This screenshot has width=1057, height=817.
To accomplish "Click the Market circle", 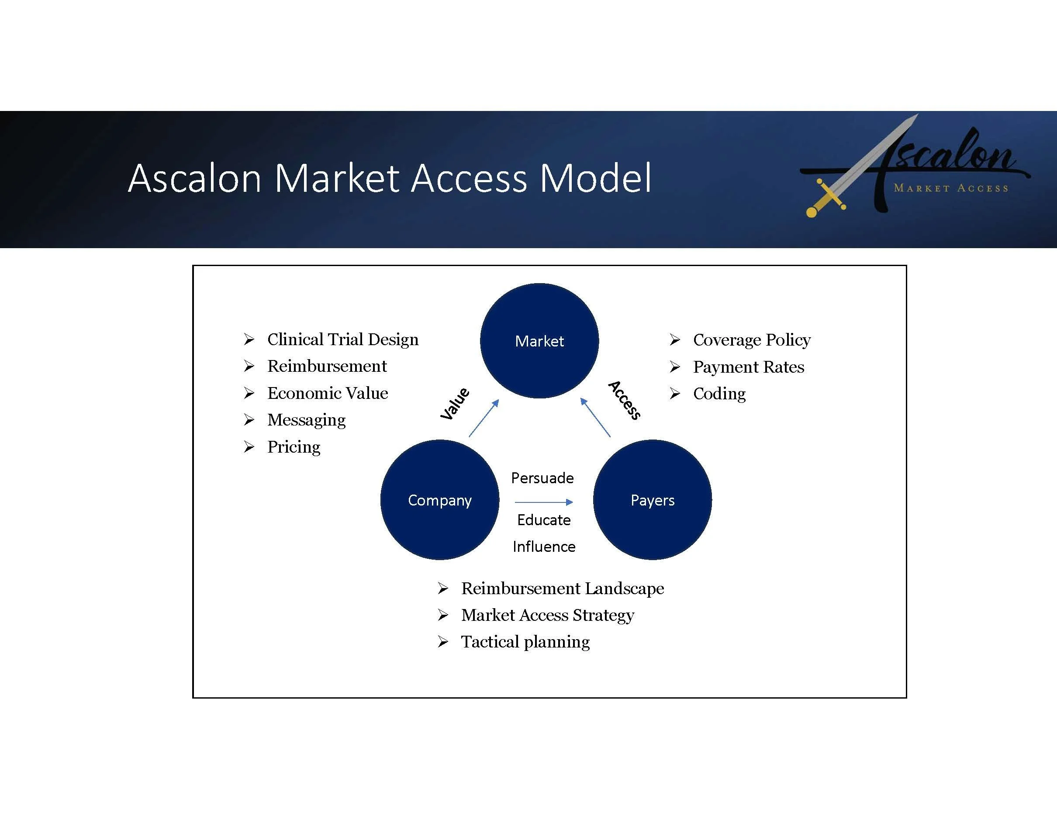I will [539, 341].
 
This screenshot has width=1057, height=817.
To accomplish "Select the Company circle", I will [439, 499].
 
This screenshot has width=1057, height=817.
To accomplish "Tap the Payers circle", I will [653, 499].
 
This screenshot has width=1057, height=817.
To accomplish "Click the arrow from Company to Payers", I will [543, 502].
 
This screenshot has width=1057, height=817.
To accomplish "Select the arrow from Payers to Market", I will [595, 417].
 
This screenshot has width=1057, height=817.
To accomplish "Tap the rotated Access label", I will [624, 400].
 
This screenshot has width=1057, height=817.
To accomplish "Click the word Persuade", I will [542, 478].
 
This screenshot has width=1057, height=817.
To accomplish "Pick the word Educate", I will [543, 520].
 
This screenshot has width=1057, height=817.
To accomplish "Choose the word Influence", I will [544, 547].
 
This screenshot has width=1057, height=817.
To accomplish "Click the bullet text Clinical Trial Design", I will [343, 339].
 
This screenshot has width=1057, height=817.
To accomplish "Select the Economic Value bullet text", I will [328, 393].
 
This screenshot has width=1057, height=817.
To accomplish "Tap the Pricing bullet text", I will [294, 447].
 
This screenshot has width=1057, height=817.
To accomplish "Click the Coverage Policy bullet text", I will [752, 340].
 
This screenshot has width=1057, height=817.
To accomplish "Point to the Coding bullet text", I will [719, 394].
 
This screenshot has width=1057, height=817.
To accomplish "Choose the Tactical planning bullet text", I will [525, 642].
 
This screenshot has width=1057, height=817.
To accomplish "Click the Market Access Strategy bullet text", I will [547, 615].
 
